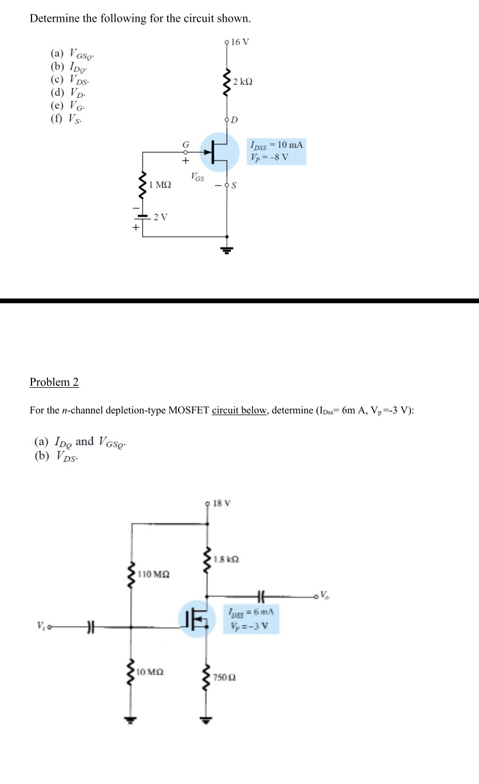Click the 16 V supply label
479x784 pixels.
point(240,41)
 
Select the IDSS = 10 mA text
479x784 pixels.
point(277,145)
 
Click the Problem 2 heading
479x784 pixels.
point(54,382)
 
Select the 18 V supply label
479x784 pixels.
point(220,503)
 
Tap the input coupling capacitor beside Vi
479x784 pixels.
point(89,627)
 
